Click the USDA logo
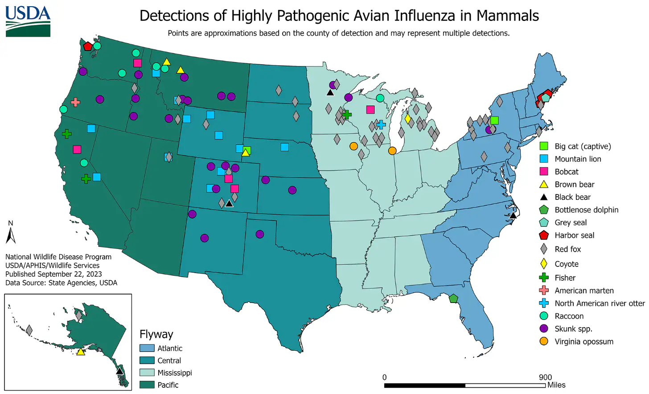(x=28, y=21)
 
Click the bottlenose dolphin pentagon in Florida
(x=453, y=298)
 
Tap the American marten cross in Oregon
(x=75, y=103)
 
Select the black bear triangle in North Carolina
(x=513, y=215)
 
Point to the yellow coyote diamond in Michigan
(x=407, y=119)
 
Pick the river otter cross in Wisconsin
(x=381, y=124)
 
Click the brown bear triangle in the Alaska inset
(x=81, y=352)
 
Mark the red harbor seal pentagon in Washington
(x=88, y=46)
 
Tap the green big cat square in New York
(x=494, y=120)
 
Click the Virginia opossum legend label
(x=584, y=341)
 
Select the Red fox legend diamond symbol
(x=544, y=249)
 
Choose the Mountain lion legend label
(x=578, y=159)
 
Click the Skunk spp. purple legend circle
(x=544, y=328)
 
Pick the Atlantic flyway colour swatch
(x=147, y=348)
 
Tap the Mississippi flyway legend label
(x=174, y=373)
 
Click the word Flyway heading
(x=156, y=334)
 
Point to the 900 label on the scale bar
(x=545, y=377)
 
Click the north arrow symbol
(x=11, y=235)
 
